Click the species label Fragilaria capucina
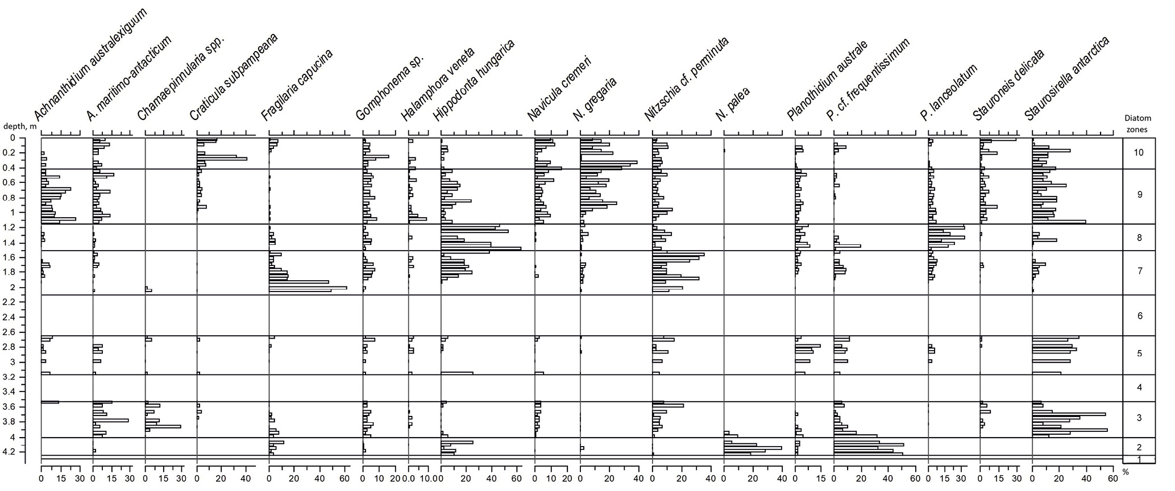pyautogui.click(x=296, y=85)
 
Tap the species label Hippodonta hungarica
pyautogui.click(x=473, y=81)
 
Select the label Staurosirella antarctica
pyautogui.click(x=1067, y=80)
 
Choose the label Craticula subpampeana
pyautogui.click(x=233, y=77)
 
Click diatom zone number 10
pyautogui.click(x=1138, y=153)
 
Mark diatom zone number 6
pyautogui.click(x=1139, y=316)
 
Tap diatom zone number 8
pyautogui.click(x=1139, y=238)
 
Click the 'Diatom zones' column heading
pyautogui.click(x=1138, y=123)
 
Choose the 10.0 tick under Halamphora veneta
pyautogui.click(x=426, y=480)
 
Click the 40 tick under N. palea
pyautogui.click(x=781, y=480)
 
